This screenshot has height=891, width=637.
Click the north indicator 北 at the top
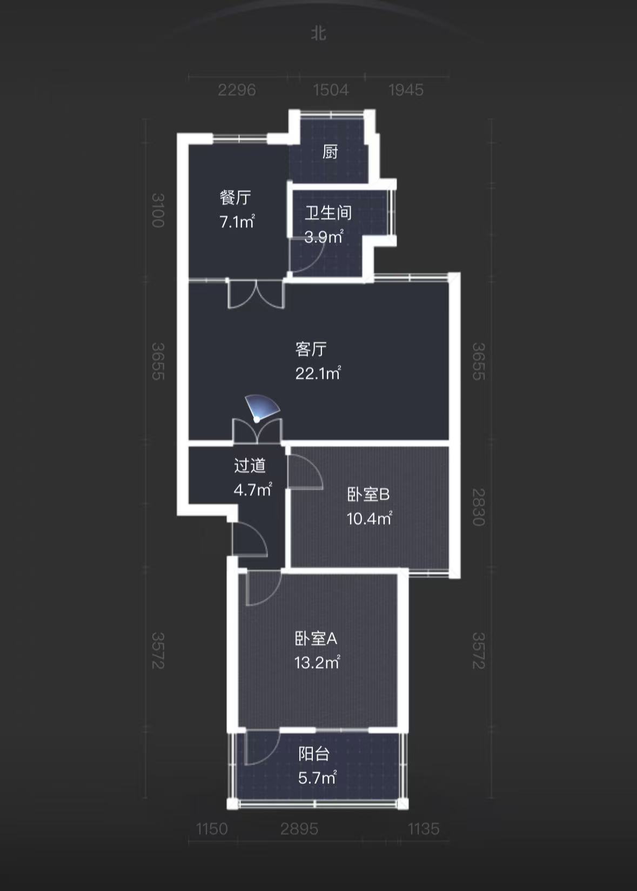pos(318,33)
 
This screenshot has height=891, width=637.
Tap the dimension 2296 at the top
pos(237,90)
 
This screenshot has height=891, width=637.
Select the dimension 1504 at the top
pos(331,90)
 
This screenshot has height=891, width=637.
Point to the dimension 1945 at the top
pos(406,90)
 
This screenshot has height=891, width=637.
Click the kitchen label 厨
pos(330,151)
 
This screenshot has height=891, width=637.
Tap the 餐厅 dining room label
pos(236,197)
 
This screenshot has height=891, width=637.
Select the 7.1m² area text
pos(237,221)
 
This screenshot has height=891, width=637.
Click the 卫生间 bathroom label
pos(328,213)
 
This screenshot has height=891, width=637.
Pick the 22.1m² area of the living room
pos(318,373)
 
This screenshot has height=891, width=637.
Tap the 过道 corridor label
pos(250,466)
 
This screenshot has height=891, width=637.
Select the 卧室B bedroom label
pos(368,494)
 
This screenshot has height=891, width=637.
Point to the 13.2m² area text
pos(317,662)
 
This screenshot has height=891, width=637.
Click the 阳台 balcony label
pos(314,754)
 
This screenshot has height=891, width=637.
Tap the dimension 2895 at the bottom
pos(299,829)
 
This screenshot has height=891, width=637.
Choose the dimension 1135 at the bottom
pos(424,829)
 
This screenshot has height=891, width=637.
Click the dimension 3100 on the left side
pos(157,210)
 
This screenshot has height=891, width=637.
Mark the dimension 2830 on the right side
pos(479,507)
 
